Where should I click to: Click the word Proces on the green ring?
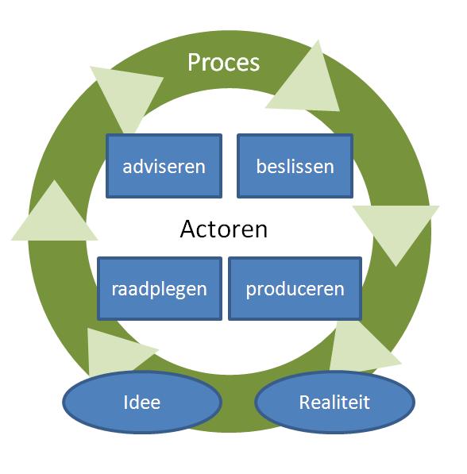pos(223,63)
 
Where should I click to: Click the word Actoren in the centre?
pos(223,229)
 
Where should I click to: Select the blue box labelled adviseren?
pos(164,166)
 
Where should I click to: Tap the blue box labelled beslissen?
pos(295,166)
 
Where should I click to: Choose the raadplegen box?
pos(160,289)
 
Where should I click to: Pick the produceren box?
pos(295,289)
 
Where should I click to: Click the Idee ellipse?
pos(142,402)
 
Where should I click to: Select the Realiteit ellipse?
pos(334,402)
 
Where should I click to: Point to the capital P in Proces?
pos(194,62)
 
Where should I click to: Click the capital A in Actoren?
pos(188,229)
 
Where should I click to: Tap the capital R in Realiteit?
pos(305,402)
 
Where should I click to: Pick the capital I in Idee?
pos(125,402)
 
